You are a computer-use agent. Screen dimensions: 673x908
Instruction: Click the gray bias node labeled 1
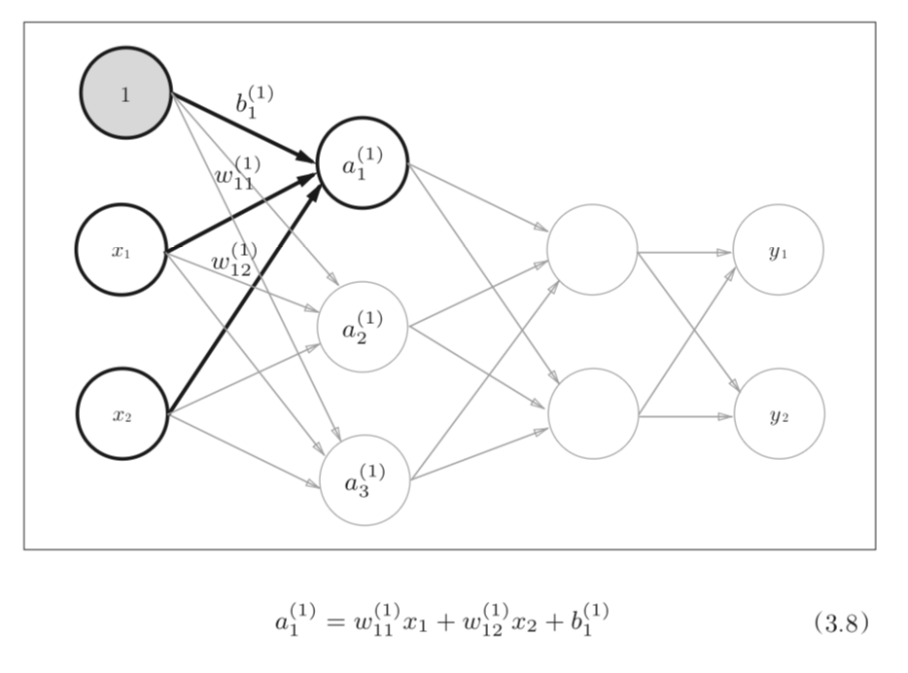coord(126,93)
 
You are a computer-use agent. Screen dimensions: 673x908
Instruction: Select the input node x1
coord(122,250)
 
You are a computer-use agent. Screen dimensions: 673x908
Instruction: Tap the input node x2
coord(122,414)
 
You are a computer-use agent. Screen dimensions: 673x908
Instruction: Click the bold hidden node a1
coord(363,162)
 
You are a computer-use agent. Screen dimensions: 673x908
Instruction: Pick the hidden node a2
coord(362,327)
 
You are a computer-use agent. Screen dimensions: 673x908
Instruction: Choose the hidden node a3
coord(365,479)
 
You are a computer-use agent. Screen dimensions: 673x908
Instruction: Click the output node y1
coord(778,250)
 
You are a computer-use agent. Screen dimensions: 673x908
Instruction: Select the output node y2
coord(779,414)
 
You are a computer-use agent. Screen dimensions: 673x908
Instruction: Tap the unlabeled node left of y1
coord(592,250)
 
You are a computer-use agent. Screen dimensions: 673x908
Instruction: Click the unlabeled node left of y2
coord(593,414)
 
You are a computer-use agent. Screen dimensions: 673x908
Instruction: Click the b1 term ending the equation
coord(588,620)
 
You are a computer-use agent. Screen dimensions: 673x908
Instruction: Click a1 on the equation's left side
coord(295,620)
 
